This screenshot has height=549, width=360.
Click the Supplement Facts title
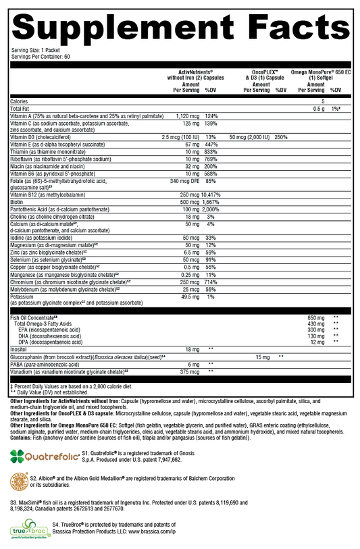(x=180, y=24)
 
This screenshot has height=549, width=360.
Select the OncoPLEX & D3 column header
(x=265, y=76)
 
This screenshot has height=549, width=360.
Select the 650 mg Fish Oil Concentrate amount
(x=316, y=317)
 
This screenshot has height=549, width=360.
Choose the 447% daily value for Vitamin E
(x=210, y=145)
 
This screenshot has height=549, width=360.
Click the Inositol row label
(x=20, y=348)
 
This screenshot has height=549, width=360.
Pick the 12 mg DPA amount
(x=316, y=341)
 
